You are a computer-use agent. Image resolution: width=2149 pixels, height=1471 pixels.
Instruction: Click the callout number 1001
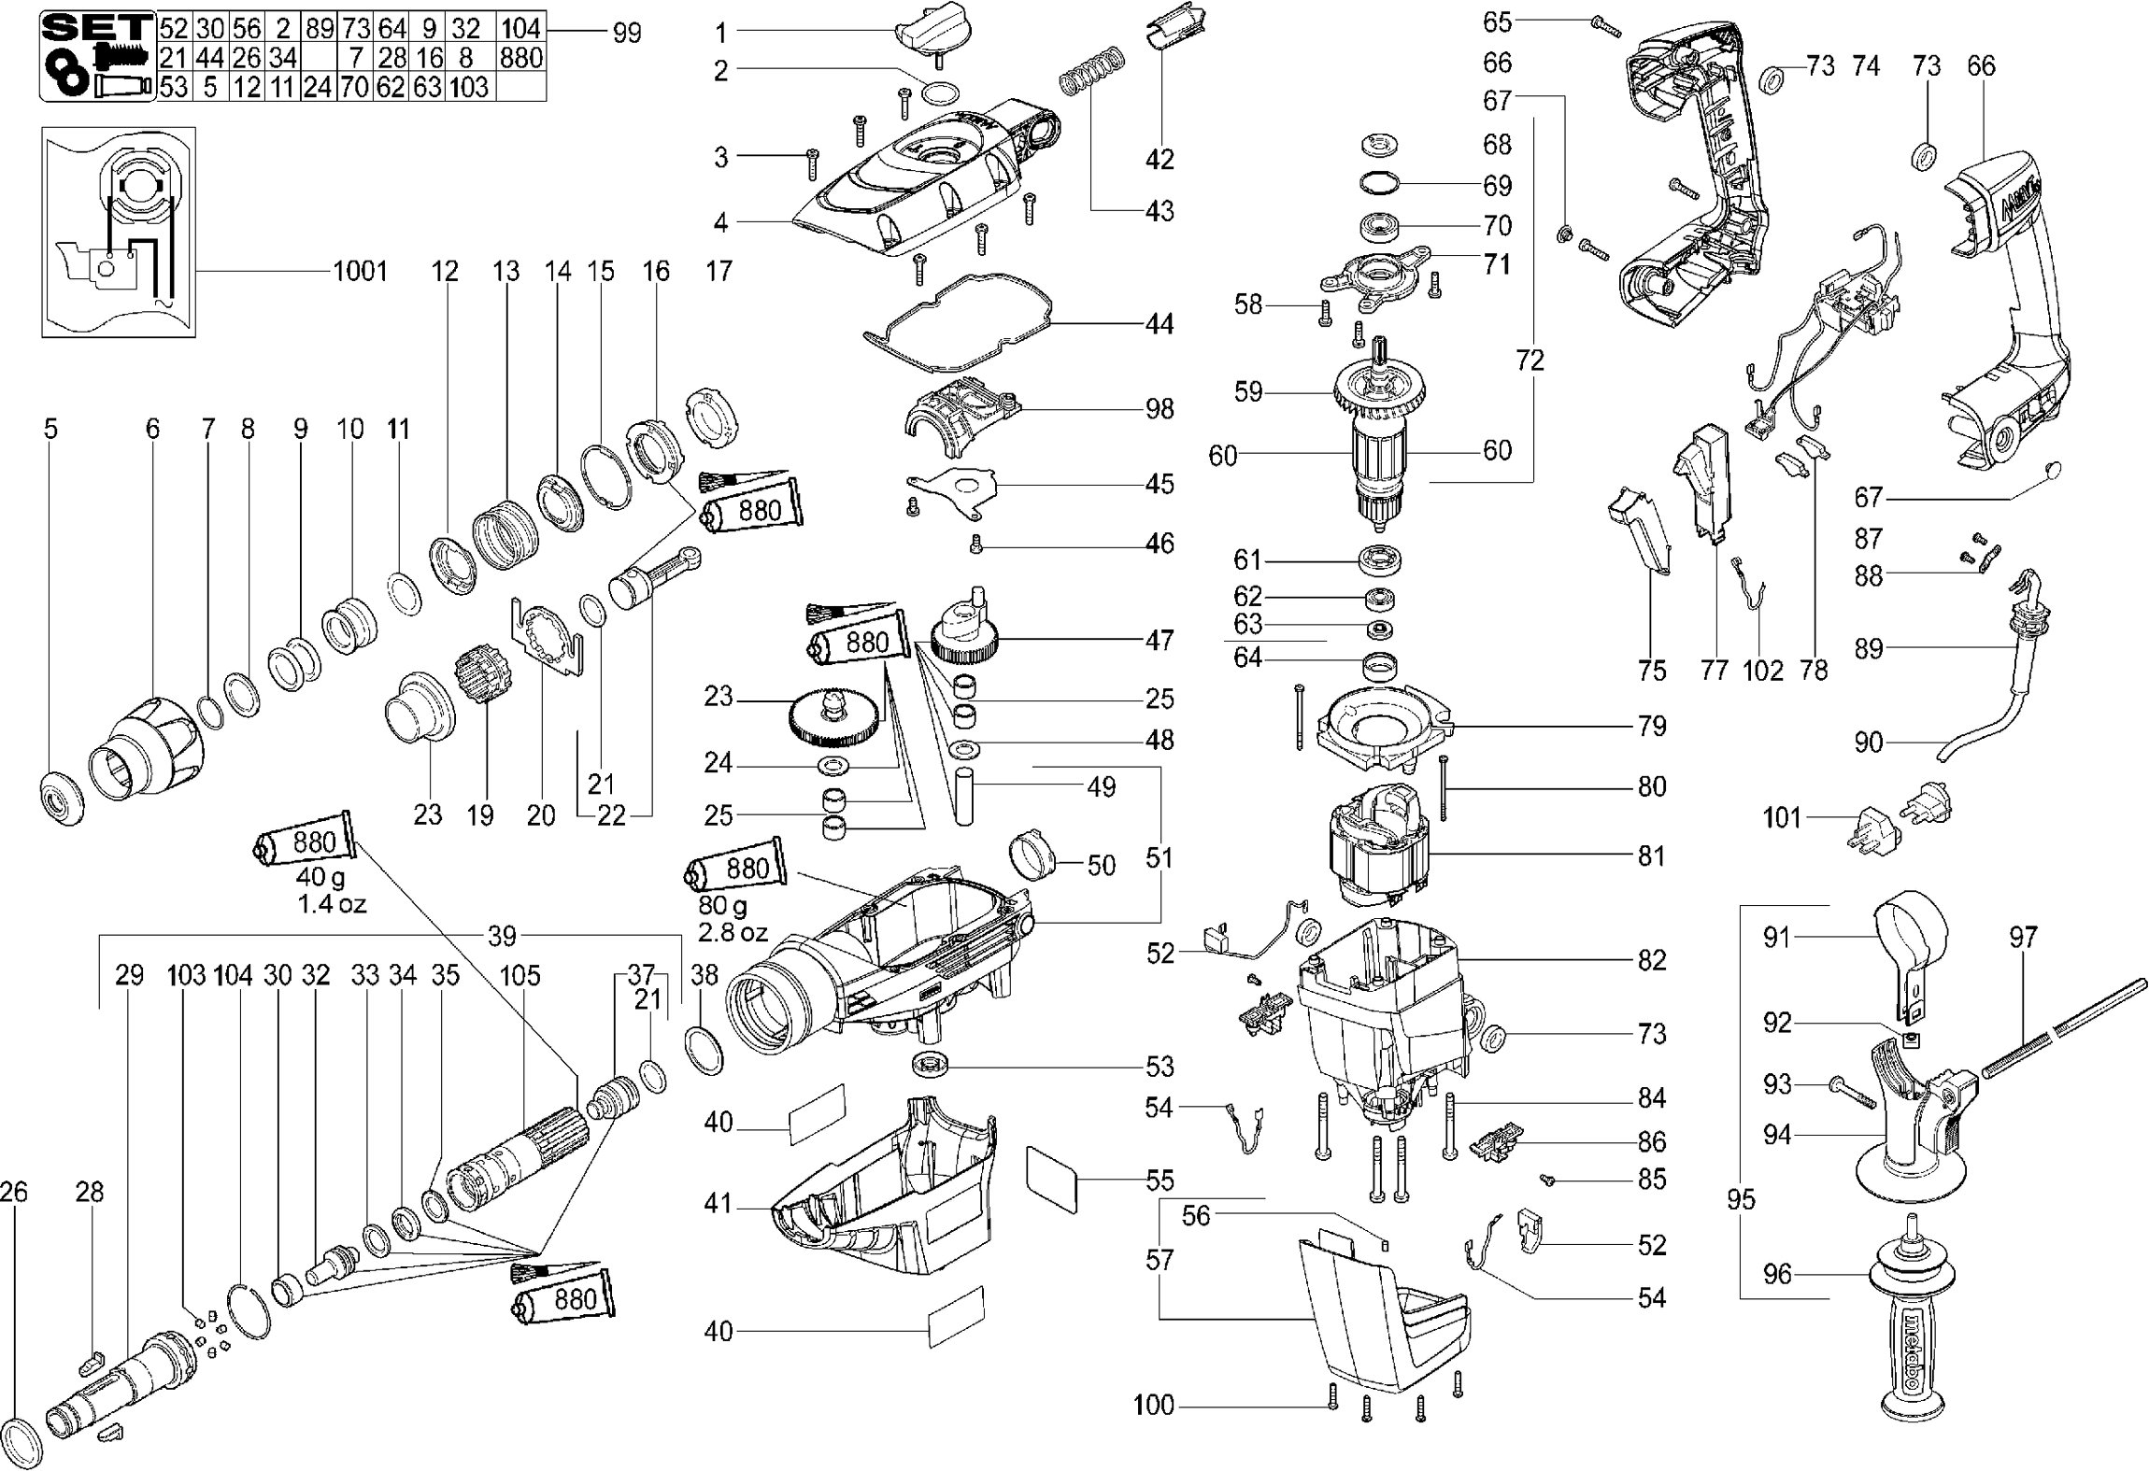[360, 272]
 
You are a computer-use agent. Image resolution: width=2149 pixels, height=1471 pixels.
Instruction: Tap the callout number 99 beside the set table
[627, 33]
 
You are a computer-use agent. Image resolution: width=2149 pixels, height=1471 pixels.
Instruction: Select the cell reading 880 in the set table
[520, 59]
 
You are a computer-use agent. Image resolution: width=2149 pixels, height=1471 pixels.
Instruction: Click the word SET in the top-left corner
[97, 26]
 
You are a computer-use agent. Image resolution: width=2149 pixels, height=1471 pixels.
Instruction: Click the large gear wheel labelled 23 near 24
[833, 719]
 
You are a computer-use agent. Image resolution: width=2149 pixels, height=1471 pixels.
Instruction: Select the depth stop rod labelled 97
[2065, 1037]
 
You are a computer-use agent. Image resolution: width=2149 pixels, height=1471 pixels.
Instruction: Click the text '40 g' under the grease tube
[320, 878]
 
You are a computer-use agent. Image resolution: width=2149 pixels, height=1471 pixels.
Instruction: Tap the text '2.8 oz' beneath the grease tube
[733, 932]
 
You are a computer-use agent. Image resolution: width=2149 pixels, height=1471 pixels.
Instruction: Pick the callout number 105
[519, 976]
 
